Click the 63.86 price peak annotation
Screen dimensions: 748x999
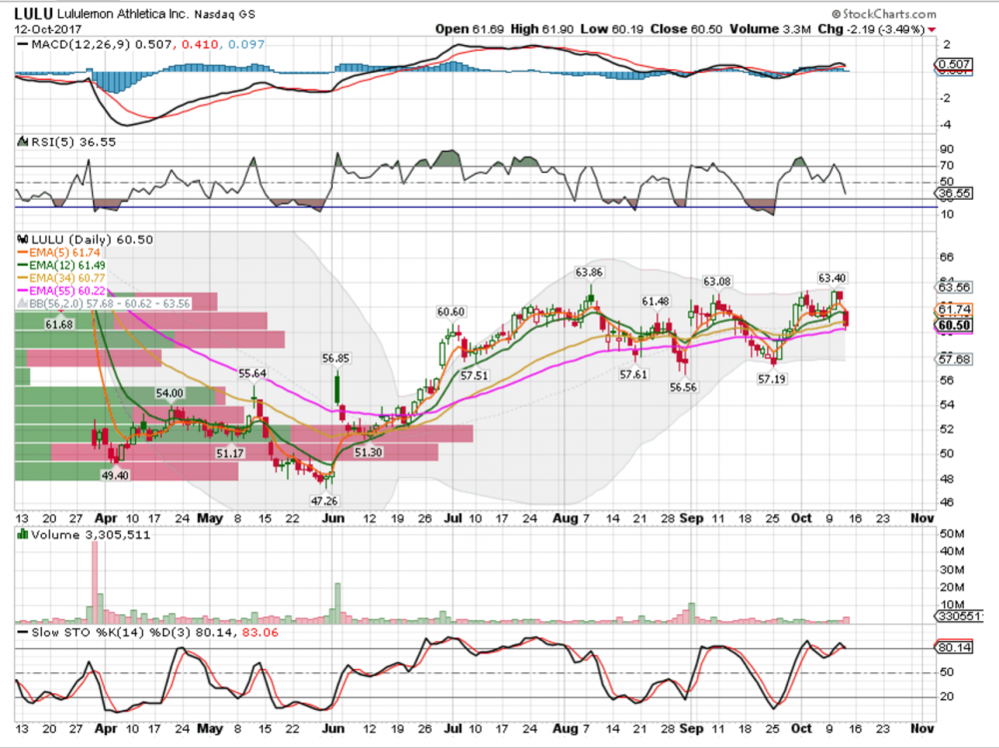589,272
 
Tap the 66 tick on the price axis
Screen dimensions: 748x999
948,257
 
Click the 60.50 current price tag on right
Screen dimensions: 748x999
954,326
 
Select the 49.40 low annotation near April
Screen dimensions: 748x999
116,475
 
